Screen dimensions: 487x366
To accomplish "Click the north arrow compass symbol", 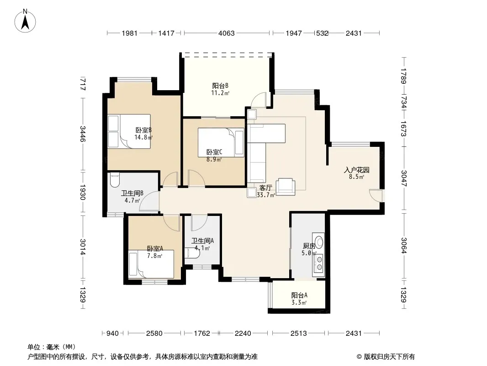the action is click(x=25, y=21).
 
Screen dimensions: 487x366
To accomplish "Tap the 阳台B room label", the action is click(x=220, y=89).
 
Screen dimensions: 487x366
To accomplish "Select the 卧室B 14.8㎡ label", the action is click(x=143, y=134).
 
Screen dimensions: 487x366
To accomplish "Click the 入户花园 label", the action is click(x=356, y=173).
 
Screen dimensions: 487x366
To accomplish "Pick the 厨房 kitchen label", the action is click(x=309, y=249).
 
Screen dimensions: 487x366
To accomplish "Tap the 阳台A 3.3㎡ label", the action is click(x=299, y=299).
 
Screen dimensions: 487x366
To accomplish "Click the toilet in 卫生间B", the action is click(x=115, y=180).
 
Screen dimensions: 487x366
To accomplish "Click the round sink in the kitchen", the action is click(x=319, y=242).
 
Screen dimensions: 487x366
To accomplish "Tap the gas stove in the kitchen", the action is click(x=319, y=263).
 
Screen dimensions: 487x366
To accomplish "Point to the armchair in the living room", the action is click(x=286, y=187).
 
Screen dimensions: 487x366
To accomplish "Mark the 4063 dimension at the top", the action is click(x=226, y=33).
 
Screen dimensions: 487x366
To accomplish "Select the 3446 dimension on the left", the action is click(x=83, y=134).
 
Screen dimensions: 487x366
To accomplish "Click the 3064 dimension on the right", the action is click(x=403, y=245).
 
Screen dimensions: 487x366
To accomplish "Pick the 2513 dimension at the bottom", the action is click(x=298, y=334).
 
